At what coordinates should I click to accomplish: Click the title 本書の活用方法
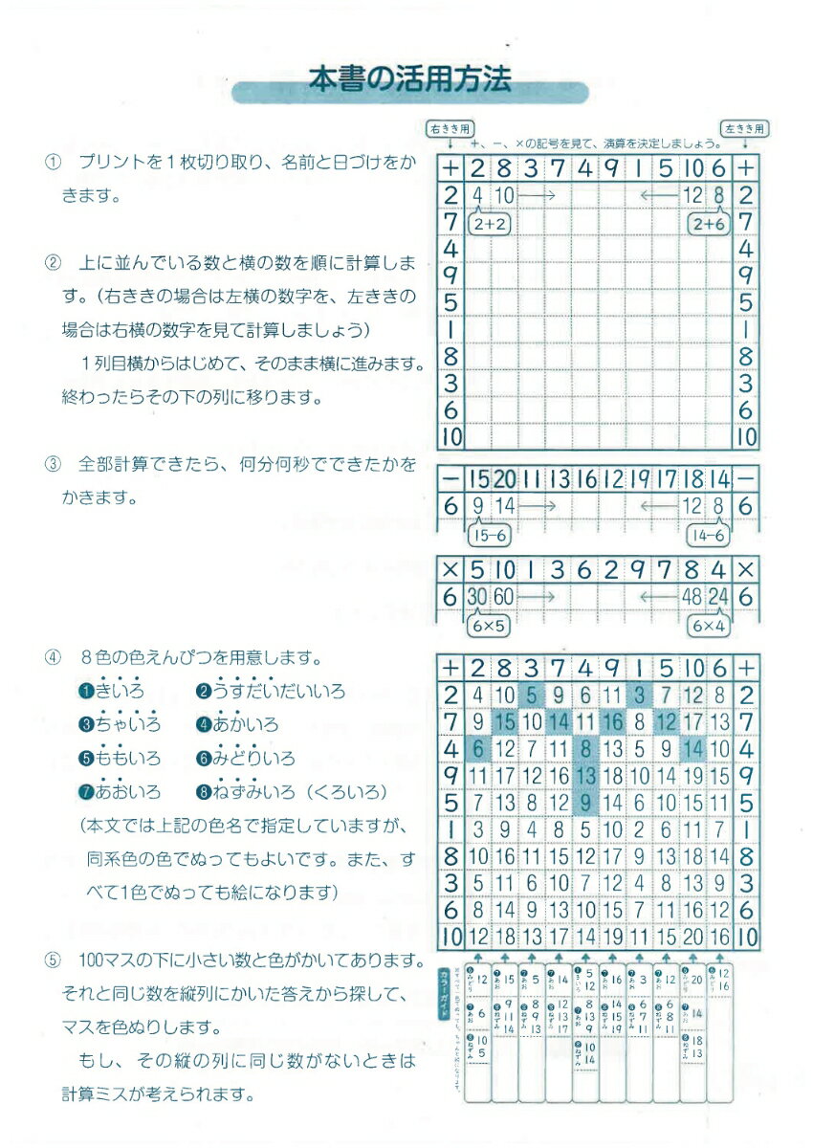pos(409,78)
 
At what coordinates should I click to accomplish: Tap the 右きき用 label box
pos(450,128)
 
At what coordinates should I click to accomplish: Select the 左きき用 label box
pos(746,128)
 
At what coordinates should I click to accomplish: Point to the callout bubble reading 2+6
pos(709,224)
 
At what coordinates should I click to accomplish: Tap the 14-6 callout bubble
pos(709,536)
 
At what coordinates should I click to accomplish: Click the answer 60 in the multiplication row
pos(506,595)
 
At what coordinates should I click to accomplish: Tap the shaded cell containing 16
pos(614,719)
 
